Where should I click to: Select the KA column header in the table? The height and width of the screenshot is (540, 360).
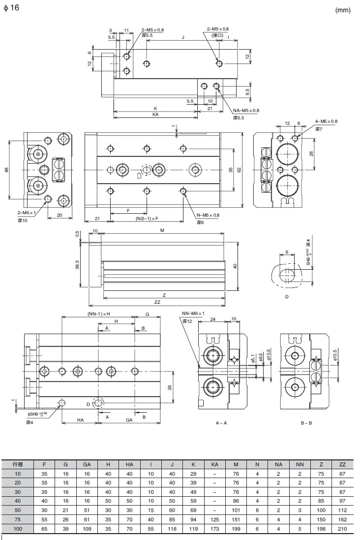[x=215, y=464]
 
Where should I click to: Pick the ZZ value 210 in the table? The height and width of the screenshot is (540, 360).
[x=342, y=529]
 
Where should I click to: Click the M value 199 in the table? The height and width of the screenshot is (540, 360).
[x=236, y=529]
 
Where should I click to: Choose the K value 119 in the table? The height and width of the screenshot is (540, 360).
[x=193, y=529]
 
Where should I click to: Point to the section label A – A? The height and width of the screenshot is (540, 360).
[x=221, y=423]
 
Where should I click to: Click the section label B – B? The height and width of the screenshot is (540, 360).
[x=306, y=423]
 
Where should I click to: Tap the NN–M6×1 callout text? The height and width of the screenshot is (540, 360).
[x=193, y=313]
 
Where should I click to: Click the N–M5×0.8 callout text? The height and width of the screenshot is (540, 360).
[x=208, y=215]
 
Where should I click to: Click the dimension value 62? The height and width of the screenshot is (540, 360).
[x=239, y=170]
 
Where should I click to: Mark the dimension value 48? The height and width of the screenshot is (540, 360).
[x=7, y=170]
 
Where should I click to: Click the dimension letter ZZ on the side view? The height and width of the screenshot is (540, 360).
[x=157, y=302]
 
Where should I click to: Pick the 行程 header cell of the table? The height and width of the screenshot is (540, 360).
[x=18, y=464]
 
